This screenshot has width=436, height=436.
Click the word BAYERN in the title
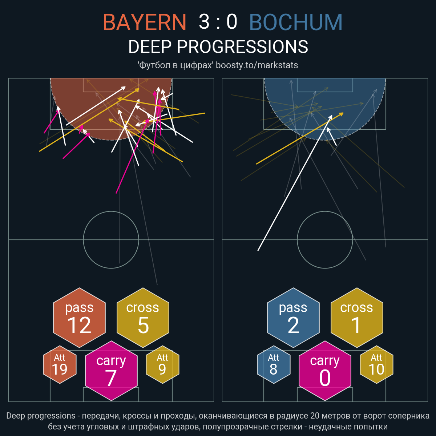click(x=144, y=22)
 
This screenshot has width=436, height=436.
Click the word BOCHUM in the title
click(x=296, y=22)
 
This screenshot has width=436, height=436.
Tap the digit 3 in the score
click(x=204, y=22)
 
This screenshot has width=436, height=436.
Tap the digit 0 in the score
click(x=232, y=22)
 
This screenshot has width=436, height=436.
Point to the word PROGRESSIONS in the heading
click(x=242, y=47)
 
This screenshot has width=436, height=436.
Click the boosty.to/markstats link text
click(x=257, y=65)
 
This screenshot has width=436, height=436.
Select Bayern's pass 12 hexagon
click(x=80, y=318)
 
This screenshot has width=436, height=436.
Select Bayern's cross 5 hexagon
click(x=143, y=318)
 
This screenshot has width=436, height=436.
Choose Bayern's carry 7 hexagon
click(x=111, y=371)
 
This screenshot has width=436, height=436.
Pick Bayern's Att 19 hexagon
click(x=60, y=364)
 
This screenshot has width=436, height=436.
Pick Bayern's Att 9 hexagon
click(x=162, y=364)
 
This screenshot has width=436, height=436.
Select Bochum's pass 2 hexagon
click(x=293, y=318)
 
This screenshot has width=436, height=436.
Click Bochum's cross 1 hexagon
click(x=357, y=318)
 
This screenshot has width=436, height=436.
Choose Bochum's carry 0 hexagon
click(x=325, y=371)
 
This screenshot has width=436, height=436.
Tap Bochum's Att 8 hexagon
click(x=274, y=364)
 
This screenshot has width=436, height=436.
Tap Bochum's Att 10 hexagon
click(x=376, y=364)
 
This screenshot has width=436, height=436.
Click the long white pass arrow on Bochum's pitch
click(x=295, y=183)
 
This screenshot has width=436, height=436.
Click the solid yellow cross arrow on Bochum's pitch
click(x=300, y=138)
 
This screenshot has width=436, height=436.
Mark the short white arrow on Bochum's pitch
click(x=332, y=136)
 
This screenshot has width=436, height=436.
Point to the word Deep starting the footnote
click(x=16, y=416)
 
